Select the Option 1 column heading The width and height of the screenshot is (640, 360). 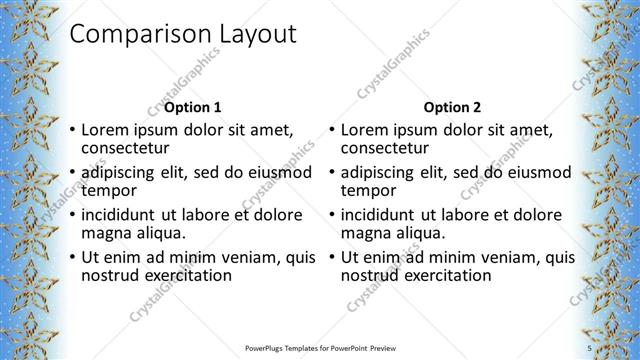tap(193, 107)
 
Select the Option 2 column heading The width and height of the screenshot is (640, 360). tap(452, 107)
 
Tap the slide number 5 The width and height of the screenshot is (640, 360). tap(590, 347)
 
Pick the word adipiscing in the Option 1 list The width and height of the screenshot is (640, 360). tap(121, 172)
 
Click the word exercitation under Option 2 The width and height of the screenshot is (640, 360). tap(446, 275)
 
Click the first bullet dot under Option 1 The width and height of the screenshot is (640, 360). tap(72, 130)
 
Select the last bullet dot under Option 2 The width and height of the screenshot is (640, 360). tap(331, 258)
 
